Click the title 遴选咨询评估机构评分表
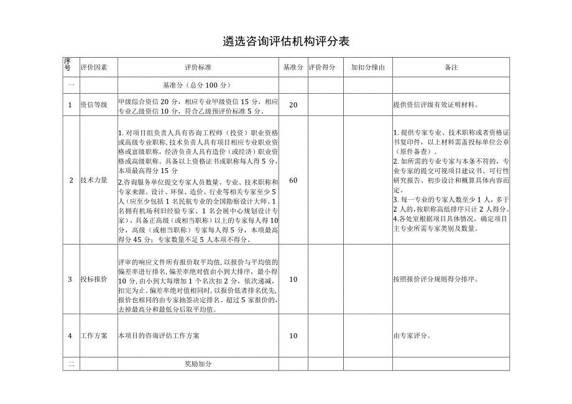(286, 42)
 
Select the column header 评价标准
(198, 67)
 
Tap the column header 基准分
(293, 67)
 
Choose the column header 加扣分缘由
(367, 67)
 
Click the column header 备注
(451, 67)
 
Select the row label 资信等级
(94, 105)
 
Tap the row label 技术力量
(94, 180)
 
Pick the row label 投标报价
(94, 279)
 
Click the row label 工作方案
(94, 336)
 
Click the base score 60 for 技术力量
(293, 180)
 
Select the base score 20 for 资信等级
(293, 105)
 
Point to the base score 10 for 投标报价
(293, 279)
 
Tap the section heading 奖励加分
(198, 364)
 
